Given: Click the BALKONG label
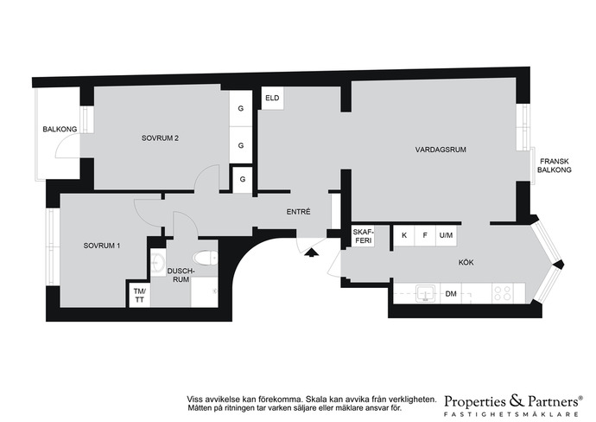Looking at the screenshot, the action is (x=60, y=129).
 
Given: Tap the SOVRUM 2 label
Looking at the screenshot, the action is (x=160, y=138).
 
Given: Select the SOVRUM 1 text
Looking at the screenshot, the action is (x=102, y=246).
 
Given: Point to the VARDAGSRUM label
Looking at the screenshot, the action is (x=441, y=150).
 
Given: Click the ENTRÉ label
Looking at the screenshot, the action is (x=298, y=212).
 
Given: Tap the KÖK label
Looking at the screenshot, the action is (x=466, y=262).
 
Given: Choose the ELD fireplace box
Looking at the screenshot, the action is (x=272, y=99).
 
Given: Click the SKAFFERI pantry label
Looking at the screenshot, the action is (x=363, y=236).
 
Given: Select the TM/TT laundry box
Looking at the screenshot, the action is (x=139, y=295).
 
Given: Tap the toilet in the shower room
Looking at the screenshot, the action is (x=206, y=258).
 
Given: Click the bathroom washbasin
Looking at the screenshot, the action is (x=157, y=261).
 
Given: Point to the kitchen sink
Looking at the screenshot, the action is (x=427, y=293).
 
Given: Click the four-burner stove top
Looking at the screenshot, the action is (x=502, y=293).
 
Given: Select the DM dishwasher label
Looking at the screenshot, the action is (x=451, y=294).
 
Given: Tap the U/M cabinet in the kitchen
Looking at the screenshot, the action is (x=446, y=235).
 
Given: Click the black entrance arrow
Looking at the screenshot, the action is (x=311, y=253).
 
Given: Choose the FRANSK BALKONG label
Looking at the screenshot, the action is (x=555, y=165).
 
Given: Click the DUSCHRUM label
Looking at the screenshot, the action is (x=181, y=275).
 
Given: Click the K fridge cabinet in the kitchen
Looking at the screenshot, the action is (x=404, y=235).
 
